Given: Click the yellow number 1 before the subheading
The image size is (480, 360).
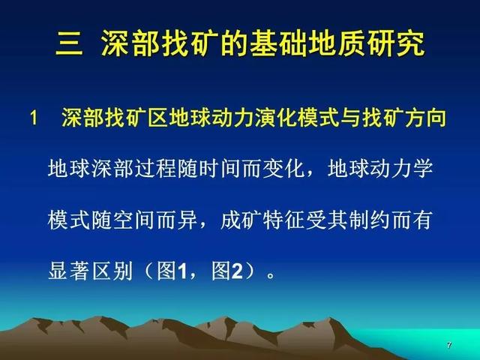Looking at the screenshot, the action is [x=34, y=118].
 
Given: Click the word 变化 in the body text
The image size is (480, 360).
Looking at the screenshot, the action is [x=284, y=168].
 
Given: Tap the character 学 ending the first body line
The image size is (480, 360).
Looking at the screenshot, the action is [x=423, y=168].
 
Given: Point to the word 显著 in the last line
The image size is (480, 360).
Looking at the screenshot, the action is [x=68, y=271].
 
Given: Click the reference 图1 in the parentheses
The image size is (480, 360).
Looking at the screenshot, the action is [x=172, y=271].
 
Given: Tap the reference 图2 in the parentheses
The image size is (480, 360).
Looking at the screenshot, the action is [x=227, y=271].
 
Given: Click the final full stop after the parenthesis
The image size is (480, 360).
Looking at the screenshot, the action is [x=271, y=275].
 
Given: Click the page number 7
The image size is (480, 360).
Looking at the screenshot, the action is [x=449, y=345].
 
